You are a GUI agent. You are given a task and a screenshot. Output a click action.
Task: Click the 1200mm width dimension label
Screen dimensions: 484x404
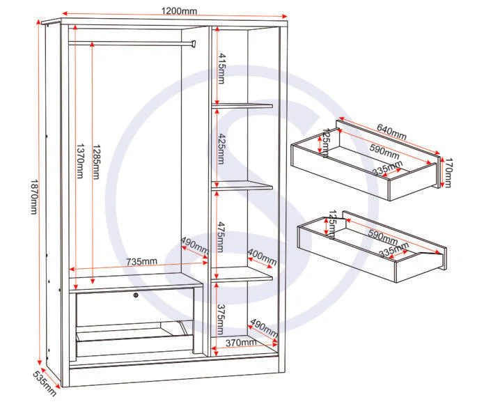pos(179,11)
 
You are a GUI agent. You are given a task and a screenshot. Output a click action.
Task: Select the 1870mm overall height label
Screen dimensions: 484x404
pos(34,196)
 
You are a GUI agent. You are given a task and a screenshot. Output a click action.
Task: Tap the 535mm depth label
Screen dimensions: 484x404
pos(45,383)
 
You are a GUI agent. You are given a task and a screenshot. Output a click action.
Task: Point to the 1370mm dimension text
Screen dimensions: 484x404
pos(80,161)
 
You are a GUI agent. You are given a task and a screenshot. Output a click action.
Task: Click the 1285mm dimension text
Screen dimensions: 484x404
pos(96,162)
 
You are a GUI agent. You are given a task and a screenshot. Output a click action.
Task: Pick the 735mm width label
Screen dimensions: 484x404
pos(141,261)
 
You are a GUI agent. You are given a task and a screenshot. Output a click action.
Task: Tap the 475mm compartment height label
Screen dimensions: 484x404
pos(221,237)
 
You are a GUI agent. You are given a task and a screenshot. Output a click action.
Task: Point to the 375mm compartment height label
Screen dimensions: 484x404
pos(221,320)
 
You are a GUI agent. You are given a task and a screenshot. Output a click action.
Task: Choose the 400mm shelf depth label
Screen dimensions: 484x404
pos(262,257)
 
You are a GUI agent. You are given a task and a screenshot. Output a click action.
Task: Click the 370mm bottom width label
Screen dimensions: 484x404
pos(241,343)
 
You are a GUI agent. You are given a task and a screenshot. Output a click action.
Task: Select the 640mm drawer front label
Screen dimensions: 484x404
pos(391,132)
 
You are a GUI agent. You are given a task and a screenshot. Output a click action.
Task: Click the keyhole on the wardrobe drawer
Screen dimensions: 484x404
pos(136,295)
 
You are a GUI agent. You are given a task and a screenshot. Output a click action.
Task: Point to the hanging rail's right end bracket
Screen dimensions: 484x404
pos(194,43)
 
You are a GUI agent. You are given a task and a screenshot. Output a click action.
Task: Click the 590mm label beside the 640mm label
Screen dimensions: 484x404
pos(384,151)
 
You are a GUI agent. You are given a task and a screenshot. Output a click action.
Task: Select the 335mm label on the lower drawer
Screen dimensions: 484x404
pos(393,249)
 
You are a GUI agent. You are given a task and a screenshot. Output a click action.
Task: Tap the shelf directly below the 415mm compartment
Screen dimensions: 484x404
pos(242,106)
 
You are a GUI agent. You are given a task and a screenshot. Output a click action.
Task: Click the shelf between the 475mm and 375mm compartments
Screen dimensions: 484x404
pos(242,274)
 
